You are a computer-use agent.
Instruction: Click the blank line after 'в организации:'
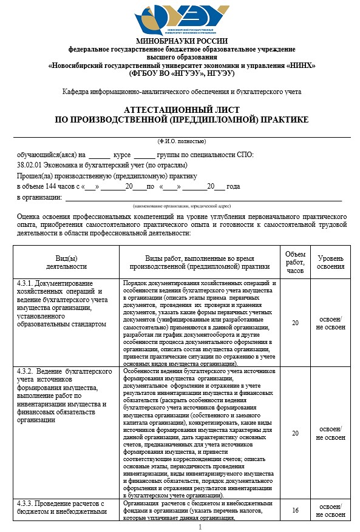(203, 197)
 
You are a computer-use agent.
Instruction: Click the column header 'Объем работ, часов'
(295, 261)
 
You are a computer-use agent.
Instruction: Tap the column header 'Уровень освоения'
(331, 261)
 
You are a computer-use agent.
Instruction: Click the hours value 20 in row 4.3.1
(295, 323)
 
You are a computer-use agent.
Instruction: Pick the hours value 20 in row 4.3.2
(295, 433)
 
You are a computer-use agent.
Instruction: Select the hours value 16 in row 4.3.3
(295, 511)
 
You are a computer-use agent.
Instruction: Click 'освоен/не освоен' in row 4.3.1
(331, 323)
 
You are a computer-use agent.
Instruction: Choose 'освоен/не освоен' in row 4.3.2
(331, 433)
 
